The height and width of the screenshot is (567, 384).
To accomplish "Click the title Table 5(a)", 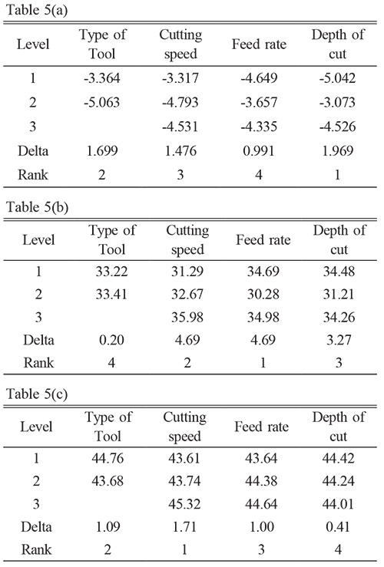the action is coord(37,10).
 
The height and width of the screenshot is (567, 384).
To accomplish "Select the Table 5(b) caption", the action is coord(38,207).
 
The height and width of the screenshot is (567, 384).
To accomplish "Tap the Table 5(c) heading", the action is coord(37,394).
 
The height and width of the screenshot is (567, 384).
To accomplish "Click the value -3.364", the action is coord(101,78).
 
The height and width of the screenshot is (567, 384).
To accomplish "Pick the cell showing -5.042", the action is coord(337,78).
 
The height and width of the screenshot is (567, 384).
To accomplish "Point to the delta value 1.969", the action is coord(337,150).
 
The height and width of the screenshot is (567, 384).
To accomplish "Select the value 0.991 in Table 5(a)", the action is coord(259,150).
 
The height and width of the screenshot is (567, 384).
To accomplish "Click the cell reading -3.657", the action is coord(259,102).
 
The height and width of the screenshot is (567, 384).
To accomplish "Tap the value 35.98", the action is coord(187,317).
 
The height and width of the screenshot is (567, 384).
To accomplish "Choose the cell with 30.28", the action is coord(263,294).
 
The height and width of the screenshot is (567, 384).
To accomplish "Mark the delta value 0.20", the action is coord(111,340).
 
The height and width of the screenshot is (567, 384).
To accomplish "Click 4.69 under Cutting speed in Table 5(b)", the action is coord(187,340).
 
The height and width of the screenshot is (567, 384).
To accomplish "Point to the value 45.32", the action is coord(184,504).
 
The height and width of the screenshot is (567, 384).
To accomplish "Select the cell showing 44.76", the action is coord(108,458).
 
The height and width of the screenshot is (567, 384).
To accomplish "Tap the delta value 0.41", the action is coord(338,526).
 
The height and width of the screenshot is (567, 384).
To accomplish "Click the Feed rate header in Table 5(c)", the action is coord(261,427).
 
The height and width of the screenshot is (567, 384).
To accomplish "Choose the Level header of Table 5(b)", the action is coord(38,239).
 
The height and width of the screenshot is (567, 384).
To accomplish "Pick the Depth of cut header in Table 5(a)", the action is coord(338,44).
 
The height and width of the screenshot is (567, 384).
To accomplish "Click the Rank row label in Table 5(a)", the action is coord(33,175).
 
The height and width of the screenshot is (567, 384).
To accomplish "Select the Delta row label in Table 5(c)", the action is coord(36,526).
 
